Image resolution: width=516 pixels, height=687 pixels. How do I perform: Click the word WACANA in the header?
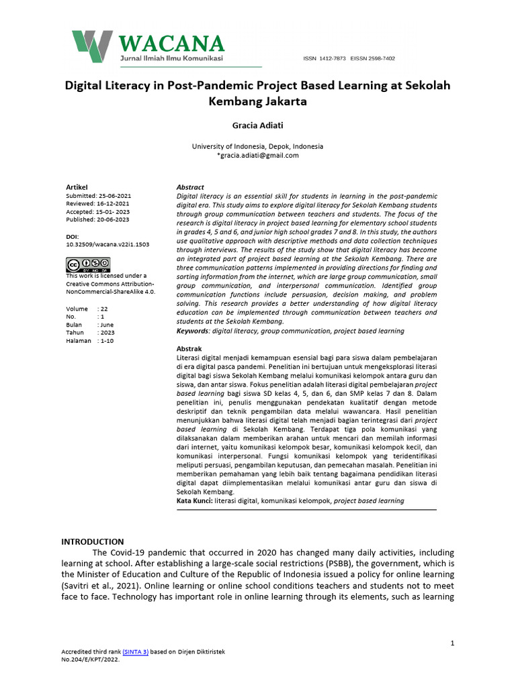pyautogui.click(x=171, y=44)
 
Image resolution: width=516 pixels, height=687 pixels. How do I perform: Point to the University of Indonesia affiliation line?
pyautogui.click(x=257, y=146)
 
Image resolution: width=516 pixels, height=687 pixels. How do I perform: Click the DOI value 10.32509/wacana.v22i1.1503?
pyautogui.click(x=107, y=245)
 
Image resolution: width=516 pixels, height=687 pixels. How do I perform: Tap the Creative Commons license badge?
pyautogui.click(x=79, y=264)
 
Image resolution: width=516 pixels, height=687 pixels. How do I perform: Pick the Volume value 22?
pyautogui.click(x=103, y=309)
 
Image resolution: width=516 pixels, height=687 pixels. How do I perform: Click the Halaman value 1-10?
pyautogui.click(x=107, y=341)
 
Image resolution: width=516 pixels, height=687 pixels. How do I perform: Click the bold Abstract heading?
pyautogui.click(x=190, y=187)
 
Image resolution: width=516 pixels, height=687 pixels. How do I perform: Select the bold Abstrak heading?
pyautogui.click(x=189, y=349)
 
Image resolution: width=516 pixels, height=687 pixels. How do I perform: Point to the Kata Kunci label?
pyautogui.click(x=194, y=500)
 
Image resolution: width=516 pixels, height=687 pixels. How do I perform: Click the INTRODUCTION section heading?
pyautogui.click(x=93, y=541)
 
